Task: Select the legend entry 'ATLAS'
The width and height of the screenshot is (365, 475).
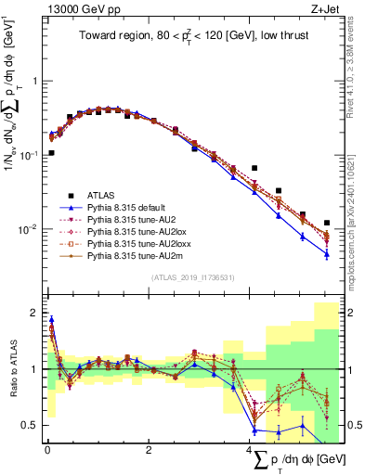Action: pos(102,195)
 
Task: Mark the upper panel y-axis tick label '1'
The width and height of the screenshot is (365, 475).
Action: pos(35,81)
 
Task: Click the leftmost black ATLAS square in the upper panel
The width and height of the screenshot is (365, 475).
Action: pos(51,152)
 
